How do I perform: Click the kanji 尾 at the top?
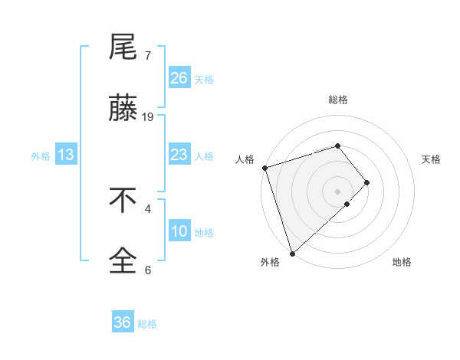(123, 47)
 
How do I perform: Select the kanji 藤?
(123, 110)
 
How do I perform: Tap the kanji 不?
(123, 201)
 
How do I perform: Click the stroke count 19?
(148, 117)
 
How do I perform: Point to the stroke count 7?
(148, 55)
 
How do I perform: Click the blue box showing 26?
(179, 78)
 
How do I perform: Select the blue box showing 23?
(179, 155)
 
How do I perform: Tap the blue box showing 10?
(179, 231)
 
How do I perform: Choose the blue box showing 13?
(66, 155)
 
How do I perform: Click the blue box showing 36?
(122, 322)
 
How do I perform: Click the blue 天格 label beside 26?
(204, 80)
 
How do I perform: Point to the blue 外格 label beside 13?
(41, 156)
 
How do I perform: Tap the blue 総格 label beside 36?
(147, 324)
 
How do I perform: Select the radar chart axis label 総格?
(337, 100)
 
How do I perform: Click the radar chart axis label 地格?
(402, 262)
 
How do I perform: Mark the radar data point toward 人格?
(264, 168)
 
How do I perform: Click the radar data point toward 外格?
(292, 253)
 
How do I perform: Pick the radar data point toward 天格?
(367, 182)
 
